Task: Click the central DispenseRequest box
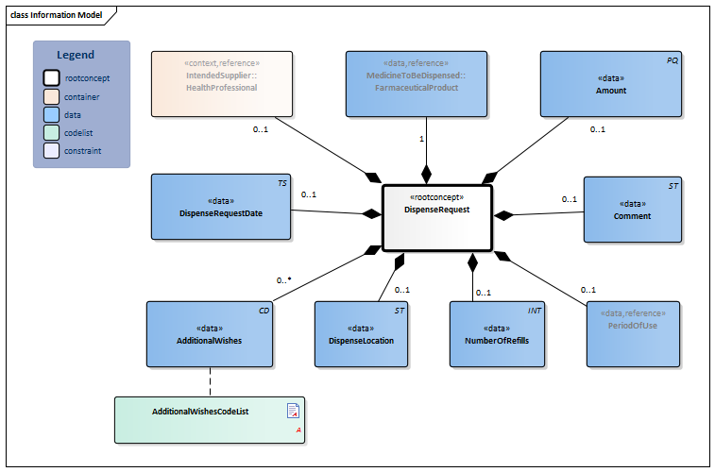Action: (x=436, y=217)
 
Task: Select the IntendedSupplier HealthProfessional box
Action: (x=222, y=83)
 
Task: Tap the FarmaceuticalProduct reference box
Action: (x=417, y=83)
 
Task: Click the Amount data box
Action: (x=610, y=84)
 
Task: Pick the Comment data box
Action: (x=632, y=209)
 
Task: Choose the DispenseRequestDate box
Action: (x=221, y=206)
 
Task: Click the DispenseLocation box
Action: (x=361, y=333)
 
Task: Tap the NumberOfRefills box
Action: (x=497, y=333)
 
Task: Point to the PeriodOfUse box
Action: (x=633, y=333)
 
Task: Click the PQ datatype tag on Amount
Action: (x=672, y=59)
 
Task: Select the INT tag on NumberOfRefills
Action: (x=535, y=310)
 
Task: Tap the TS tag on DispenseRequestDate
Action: (x=281, y=182)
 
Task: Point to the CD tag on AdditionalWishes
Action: (x=264, y=310)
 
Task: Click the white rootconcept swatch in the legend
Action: (x=50, y=78)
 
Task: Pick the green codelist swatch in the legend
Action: (x=50, y=132)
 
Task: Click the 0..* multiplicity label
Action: (x=283, y=280)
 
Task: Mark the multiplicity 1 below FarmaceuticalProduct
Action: (x=420, y=140)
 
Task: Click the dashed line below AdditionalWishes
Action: (x=210, y=381)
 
